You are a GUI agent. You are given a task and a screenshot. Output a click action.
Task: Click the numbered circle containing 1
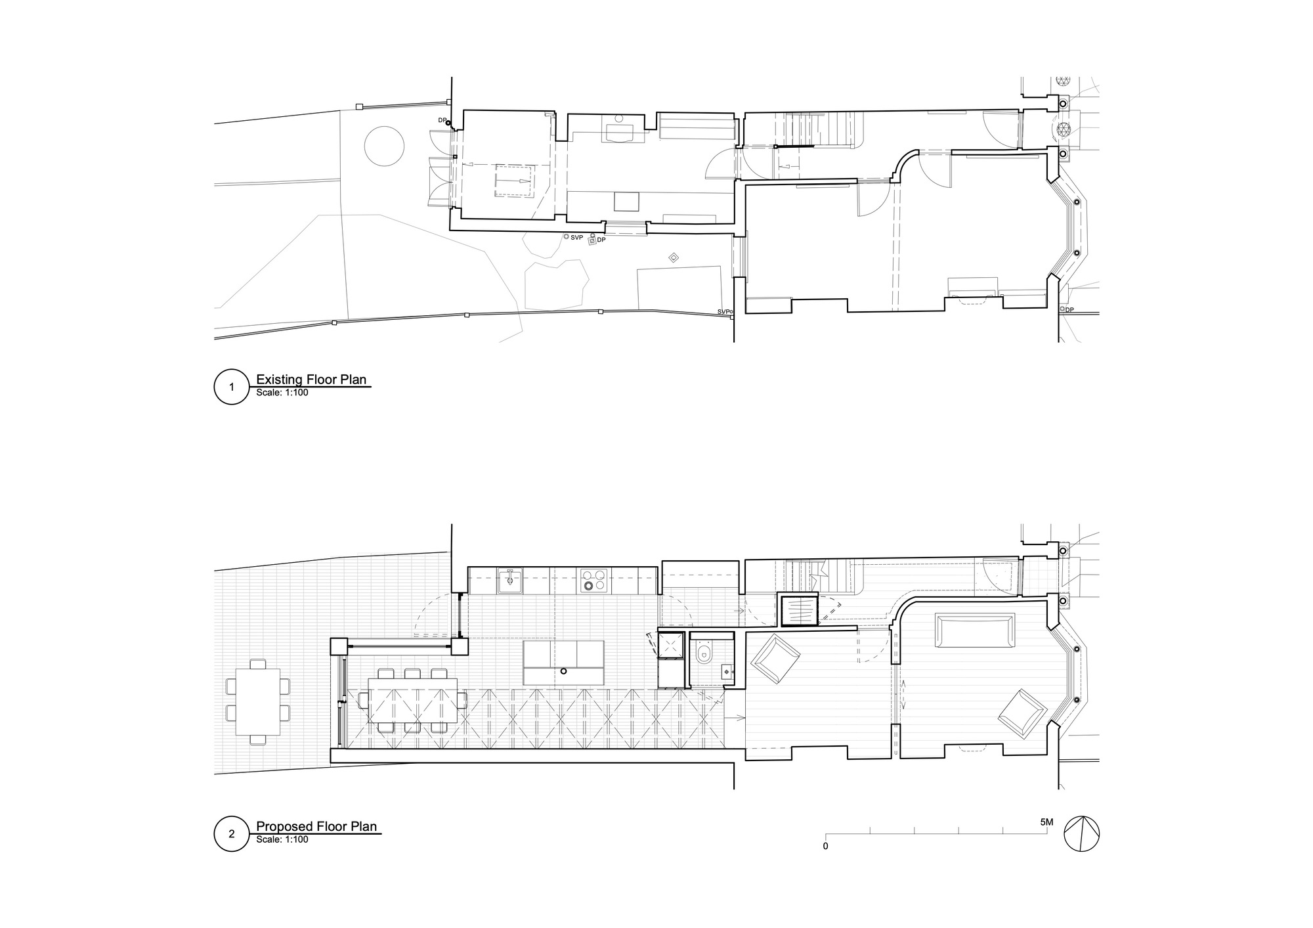[x=231, y=387]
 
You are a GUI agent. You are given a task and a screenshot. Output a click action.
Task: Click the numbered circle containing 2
[x=231, y=835]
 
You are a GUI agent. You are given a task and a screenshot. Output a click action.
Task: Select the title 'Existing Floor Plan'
[x=311, y=380]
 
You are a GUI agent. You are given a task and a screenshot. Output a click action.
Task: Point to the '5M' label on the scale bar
[x=1046, y=822]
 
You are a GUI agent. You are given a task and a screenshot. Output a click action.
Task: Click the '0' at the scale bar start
[x=825, y=847]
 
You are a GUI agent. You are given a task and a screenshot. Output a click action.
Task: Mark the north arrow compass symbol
[x=1081, y=835]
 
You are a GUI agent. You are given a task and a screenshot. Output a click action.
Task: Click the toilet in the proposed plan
[x=704, y=654]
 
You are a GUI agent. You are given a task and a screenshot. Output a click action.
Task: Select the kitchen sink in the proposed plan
[x=510, y=580]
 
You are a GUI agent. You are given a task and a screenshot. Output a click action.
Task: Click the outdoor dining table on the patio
[x=257, y=700]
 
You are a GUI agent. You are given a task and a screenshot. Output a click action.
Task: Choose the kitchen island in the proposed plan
[x=563, y=663]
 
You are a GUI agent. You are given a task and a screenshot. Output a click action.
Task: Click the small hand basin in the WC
[x=727, y=672]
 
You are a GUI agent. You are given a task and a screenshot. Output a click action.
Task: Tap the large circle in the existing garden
[x=384, y=146]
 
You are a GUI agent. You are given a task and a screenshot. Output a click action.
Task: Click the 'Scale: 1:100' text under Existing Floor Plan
[x=282, y=393]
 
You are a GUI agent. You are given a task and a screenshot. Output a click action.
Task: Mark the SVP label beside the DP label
[x=576, y=237]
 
